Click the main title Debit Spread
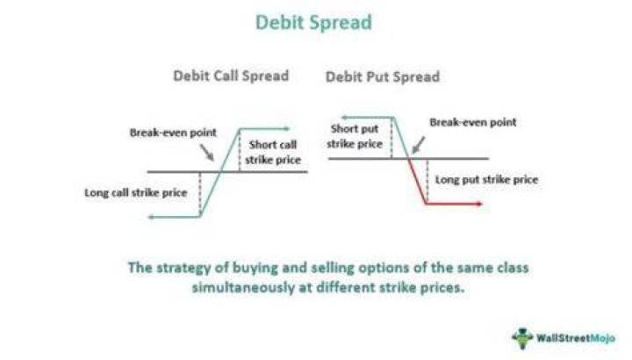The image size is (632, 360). point(313,22)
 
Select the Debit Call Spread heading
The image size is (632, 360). point(231,76)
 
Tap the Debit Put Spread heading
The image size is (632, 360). point(383,76)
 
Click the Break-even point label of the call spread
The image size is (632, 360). point(173,133)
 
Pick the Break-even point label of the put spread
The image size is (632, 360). point(473,122)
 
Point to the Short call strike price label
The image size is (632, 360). point(273,152)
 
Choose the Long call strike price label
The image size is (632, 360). point(136,192)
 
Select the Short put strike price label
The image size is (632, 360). point(355,136)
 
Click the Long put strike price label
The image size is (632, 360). point(486,180)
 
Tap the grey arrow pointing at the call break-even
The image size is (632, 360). point(207,153)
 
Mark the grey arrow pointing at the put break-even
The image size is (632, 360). point(419,145)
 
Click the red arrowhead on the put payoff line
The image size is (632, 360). point(479,204)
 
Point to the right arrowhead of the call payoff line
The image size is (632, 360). point(286,129)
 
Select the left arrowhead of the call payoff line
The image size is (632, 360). point(152,217)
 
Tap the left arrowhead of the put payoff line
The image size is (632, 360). point(345,118)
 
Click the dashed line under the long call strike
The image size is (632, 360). point(200,194)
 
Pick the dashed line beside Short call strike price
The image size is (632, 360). point(240,150)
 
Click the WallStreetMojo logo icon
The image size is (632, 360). point(522,338)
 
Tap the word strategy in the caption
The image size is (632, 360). point(183,268)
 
